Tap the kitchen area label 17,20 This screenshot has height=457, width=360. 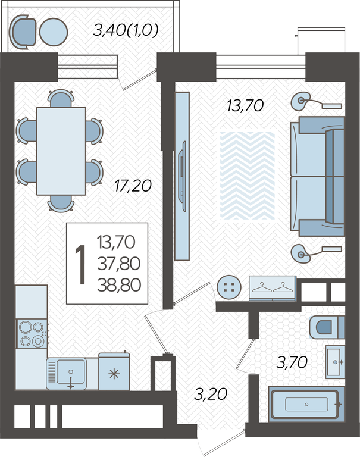133,186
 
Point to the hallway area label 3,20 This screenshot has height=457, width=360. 211,394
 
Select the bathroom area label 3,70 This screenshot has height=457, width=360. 292,362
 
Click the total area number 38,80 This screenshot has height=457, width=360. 119,285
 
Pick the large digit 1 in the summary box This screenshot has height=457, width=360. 80,264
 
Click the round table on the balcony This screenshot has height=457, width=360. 54,32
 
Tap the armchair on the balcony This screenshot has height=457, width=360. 23,30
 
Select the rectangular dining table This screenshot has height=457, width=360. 61,151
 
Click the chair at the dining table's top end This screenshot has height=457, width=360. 61,99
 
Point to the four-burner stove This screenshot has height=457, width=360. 32,334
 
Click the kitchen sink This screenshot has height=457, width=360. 67,373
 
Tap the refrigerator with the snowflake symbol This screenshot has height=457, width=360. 114,371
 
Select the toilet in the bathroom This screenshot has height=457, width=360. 327,327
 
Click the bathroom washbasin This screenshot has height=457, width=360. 335,362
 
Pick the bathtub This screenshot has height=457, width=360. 306,404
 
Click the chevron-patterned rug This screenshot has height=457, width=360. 248,175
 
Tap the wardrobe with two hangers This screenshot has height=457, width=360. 273,287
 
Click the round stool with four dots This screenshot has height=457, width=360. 230,287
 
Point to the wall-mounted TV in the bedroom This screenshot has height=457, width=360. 182,176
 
